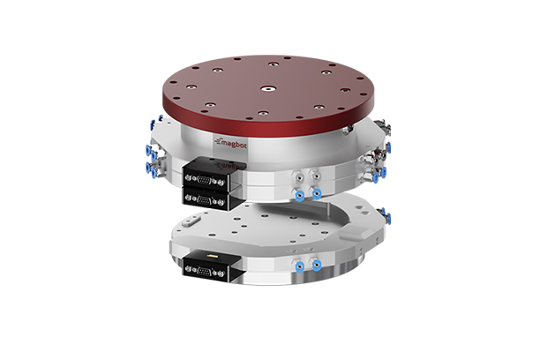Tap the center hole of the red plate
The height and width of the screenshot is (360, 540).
(265, 88)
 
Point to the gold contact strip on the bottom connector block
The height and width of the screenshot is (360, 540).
(212, 253)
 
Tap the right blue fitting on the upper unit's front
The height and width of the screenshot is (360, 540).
(316, 193)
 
